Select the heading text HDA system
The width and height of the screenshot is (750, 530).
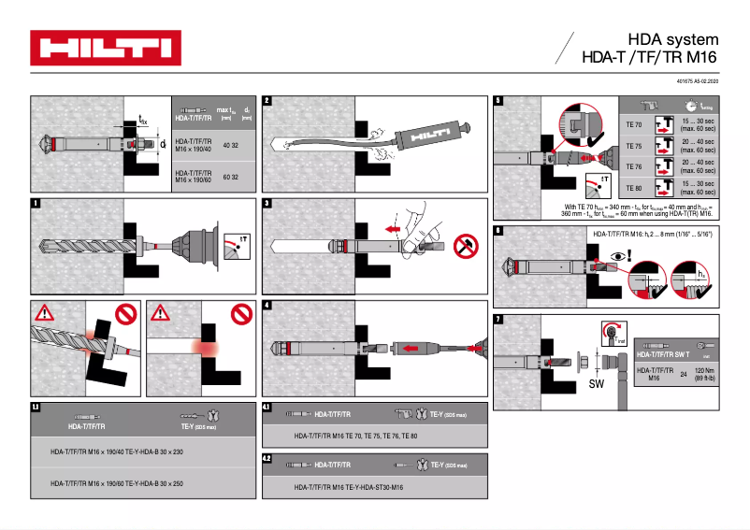[673, 39]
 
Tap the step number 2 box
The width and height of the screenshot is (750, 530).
[267, 100]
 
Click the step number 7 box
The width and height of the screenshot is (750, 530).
[498, 320]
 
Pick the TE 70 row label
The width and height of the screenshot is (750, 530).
[633, 124]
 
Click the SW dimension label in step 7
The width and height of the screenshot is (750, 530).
[596, 383]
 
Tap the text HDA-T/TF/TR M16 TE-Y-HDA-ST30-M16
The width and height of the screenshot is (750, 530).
[348, 487]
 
